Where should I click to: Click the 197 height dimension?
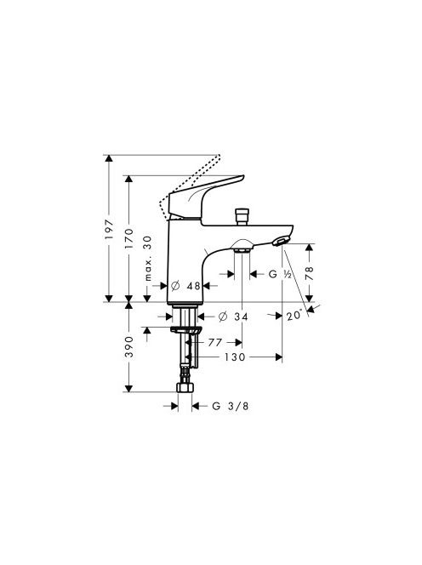(109, 229)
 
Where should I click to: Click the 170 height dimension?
(128, 238)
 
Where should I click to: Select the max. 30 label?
(148, 259)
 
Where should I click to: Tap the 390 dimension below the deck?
(128, 346)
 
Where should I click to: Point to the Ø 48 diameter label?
(185, 286)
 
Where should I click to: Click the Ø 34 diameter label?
(233, 317)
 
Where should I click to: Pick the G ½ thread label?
(280, 274)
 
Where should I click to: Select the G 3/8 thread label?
(231, 406)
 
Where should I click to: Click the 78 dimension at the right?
(310, 273)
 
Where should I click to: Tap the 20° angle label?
(294, 316)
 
